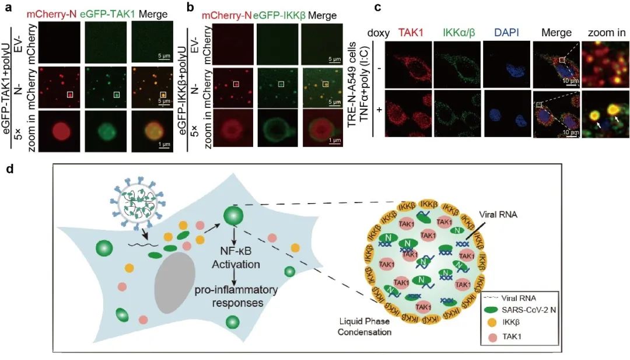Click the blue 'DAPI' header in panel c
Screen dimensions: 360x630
(506, 33)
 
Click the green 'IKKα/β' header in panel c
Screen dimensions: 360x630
(457, 33)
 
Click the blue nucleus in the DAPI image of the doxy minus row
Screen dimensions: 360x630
(506, 65)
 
